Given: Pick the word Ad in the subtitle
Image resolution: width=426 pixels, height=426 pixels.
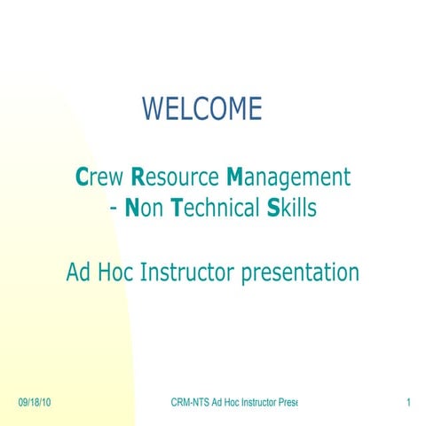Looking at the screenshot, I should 79,272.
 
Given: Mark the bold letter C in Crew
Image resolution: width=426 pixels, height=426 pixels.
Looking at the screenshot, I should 83,177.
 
